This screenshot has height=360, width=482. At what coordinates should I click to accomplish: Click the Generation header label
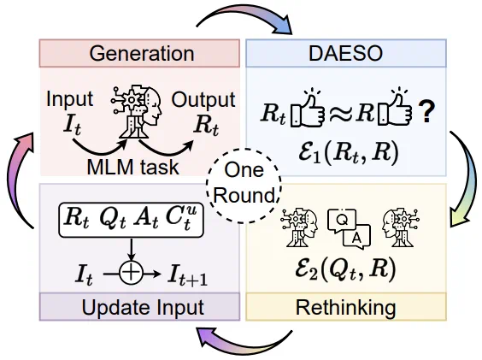point(142,54)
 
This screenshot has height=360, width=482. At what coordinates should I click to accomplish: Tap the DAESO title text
point(345,53)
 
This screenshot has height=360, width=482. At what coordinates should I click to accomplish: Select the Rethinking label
point(346,307)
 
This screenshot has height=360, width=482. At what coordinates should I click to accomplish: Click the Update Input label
point(143,307)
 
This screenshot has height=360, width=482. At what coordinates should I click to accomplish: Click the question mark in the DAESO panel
point(426,112)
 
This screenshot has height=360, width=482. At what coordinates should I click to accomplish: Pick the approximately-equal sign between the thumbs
point(340,114)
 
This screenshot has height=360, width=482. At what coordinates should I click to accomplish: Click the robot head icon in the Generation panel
point(136,112)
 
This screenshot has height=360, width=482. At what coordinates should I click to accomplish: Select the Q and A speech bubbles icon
point(350,228)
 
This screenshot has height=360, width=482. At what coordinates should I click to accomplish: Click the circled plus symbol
point(132,273)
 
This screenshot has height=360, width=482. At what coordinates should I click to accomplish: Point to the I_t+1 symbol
point(188,275)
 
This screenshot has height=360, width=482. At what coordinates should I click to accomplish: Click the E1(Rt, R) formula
point(349,153)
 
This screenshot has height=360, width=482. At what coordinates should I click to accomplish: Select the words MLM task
point(132,167)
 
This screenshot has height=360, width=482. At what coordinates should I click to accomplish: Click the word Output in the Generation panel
point(203,99)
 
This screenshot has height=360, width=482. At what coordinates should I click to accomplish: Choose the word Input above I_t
point(69,99)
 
